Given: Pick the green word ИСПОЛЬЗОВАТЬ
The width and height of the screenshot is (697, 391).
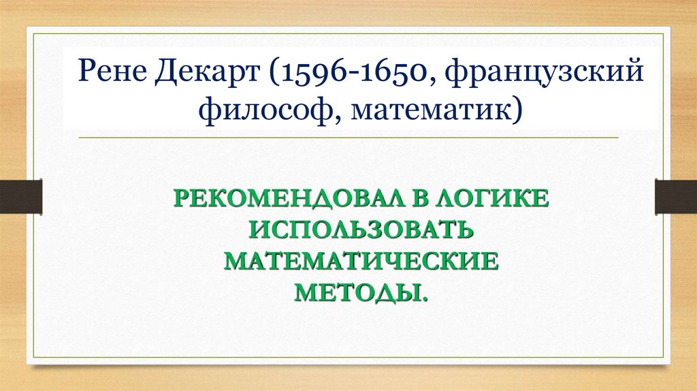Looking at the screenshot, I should pos(361,230).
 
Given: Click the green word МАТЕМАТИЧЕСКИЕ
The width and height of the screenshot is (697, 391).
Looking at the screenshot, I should pos(361,262).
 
